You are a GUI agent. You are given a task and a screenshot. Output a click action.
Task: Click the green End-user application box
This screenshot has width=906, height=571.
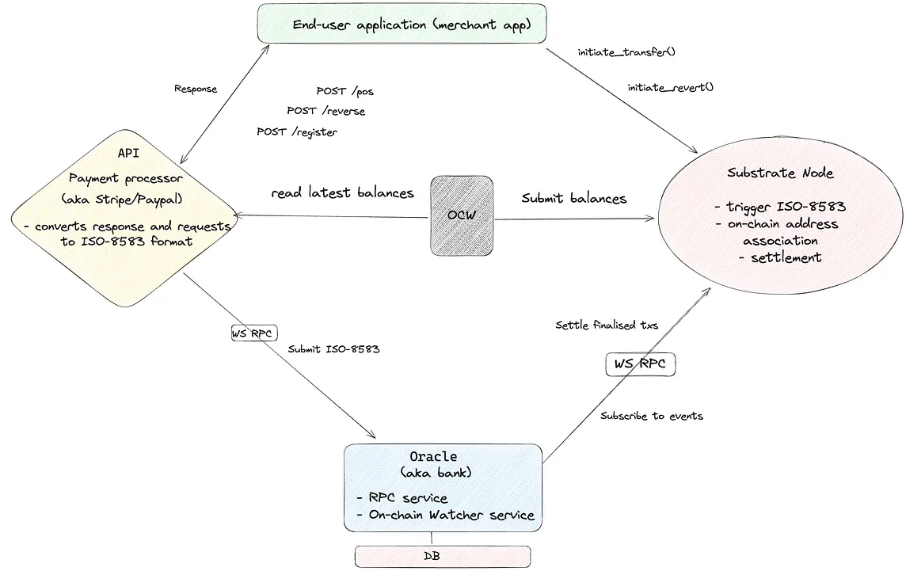[x=403, y=25]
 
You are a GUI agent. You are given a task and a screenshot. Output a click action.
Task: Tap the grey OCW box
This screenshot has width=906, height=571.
[x=462, y=215]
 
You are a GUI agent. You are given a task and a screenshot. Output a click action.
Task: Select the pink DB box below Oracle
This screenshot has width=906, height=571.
[x=442, y=556]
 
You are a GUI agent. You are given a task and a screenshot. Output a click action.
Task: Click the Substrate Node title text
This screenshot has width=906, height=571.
[x=781, y=173]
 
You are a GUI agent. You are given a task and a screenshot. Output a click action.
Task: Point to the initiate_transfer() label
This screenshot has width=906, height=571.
[x=626, y=53]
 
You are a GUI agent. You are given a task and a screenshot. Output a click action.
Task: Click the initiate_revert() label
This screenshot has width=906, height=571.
[x=670, y=87]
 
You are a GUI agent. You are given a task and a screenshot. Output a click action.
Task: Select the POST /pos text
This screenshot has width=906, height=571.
[x=345, y=92]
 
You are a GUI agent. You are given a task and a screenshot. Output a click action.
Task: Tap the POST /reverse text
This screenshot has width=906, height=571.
[x=325, y=111]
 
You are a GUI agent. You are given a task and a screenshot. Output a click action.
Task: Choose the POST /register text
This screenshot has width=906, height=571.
[x=296, y=131]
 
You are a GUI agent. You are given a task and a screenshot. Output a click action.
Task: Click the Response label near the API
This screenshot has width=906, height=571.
[x=196, y=89]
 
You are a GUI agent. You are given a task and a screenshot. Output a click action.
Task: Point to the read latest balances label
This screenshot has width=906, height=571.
[x=342, y=192]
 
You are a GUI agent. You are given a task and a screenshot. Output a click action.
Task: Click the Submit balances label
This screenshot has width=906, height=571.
[x=573, y=198]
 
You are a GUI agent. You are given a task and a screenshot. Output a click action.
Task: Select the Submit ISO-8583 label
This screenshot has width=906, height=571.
[x=333, y=348]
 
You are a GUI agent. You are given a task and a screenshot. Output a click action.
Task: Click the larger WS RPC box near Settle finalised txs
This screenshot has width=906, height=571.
[x=641, y=365]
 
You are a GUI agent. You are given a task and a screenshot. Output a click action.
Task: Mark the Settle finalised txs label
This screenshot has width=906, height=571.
[x=606, y=325]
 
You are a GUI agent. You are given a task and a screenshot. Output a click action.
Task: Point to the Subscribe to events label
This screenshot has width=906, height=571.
[x=651, y=416]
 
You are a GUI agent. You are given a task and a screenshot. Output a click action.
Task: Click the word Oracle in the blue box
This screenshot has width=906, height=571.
[x=432, y=457]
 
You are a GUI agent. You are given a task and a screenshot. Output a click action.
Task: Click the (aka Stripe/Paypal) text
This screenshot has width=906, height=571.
[x=126, y=198]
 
